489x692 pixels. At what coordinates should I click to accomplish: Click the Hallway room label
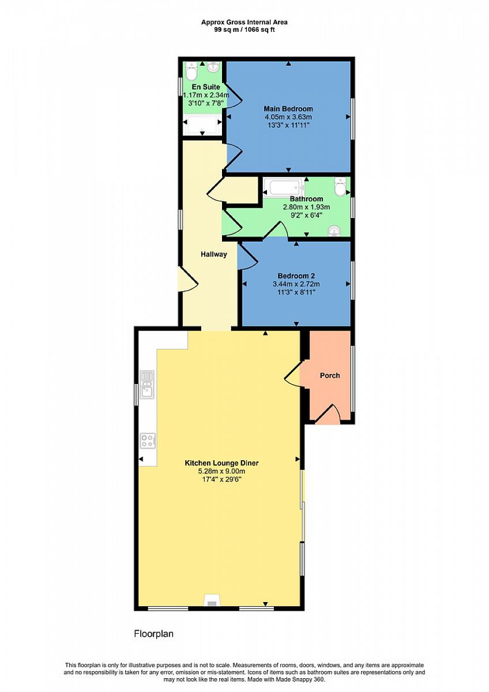[x=214, y=254]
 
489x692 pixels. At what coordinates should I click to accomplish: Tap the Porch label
[x=330, y=375]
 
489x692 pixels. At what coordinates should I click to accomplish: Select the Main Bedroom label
[x=288, y=109]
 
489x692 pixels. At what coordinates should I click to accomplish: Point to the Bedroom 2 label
[x=296, y=276]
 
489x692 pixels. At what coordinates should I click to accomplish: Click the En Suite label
[x=206, y=87]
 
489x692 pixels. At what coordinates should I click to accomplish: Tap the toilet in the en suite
[x=191, y=71]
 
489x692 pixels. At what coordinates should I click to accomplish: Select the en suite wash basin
[x=213, y=67]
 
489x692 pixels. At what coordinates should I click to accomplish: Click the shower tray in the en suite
[x=202, y=125]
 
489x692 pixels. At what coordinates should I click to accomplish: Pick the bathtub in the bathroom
[x=284, y=188]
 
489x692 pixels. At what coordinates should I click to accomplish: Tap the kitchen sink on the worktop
[x=148, y=385]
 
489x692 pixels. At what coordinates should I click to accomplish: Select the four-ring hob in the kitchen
[x=148, y=441]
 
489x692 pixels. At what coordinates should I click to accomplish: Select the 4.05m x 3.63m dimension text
[x=288, y=117]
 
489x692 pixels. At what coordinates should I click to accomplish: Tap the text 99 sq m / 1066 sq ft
[x=245, y=30]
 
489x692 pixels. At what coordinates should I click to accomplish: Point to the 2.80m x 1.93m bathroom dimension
[x=306, y=207]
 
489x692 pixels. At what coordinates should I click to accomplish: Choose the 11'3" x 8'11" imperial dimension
[x=296, y=292]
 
